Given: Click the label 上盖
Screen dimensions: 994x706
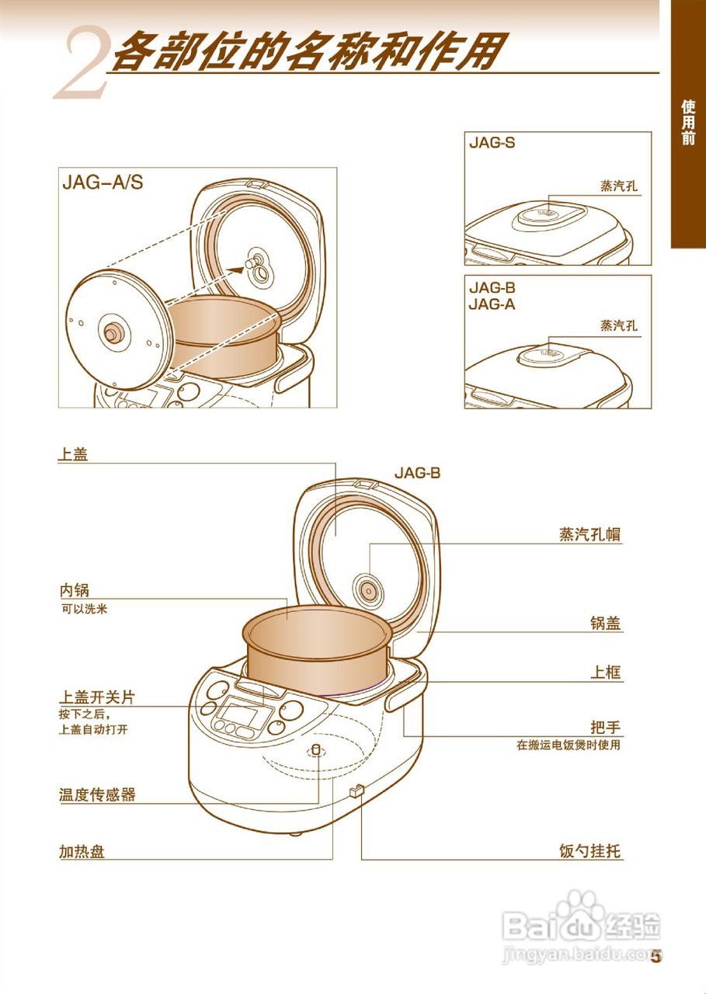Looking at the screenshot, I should tap(73, 454).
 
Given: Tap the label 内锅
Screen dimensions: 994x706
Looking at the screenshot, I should tap(75, 591).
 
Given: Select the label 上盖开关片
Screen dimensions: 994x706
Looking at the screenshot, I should tap(97, 697).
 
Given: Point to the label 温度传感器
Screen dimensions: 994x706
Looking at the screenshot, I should tap(97, 794).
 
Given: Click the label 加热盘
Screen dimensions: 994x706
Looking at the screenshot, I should tap(82, 851).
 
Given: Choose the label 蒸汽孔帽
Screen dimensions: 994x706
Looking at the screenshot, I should tap(589, 534).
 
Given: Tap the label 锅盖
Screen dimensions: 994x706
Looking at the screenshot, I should tap(605, 623).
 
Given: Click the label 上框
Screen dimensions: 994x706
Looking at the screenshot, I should tap(605, 672).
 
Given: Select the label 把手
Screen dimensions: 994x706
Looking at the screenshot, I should tap(605, 728).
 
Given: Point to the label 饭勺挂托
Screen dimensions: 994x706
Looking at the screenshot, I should tap(590, 851).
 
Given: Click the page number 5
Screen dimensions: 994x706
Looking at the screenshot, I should tap(656, 956).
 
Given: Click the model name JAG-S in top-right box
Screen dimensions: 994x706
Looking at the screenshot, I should tap(492, 143).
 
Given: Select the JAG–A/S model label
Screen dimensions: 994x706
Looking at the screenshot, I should tap(103, 183).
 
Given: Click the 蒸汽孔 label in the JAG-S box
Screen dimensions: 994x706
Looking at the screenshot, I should tap(618, 186).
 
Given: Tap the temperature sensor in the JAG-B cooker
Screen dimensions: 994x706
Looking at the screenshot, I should tap(316, 750).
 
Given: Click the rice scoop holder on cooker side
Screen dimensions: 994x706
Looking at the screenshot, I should tap(356, 791).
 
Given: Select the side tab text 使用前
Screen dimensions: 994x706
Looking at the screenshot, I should tap(688, 123).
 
